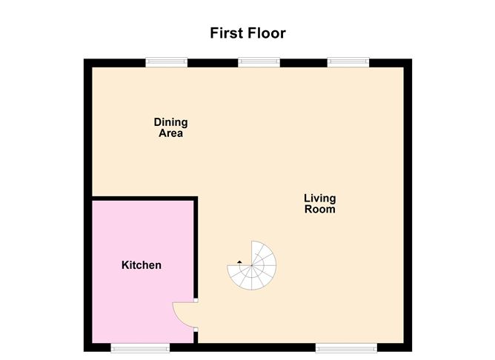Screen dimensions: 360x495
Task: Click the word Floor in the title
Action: tap(268, 33)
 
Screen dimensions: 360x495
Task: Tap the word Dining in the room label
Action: tap(170, 122)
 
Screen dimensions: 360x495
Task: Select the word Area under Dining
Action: tap(170, 134)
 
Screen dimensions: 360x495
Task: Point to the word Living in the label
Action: tap(319, 198)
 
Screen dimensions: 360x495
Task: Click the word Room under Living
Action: tap(319, 210)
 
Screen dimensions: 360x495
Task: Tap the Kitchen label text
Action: tap(141, 265)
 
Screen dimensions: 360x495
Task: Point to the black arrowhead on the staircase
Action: tap(239, 261)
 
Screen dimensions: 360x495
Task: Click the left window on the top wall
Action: tap(166, 63)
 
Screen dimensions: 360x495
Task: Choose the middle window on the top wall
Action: tap(259, 63)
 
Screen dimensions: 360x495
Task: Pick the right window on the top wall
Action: tap(349, 63)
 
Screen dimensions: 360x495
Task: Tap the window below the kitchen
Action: tap(140, 347)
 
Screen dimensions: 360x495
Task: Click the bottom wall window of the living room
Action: tap(346, 347)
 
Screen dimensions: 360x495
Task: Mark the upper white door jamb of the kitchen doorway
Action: tap(196, 301)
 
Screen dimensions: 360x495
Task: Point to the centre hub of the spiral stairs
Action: tap(251, 267)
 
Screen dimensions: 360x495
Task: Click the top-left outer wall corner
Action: tap(87, 63)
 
